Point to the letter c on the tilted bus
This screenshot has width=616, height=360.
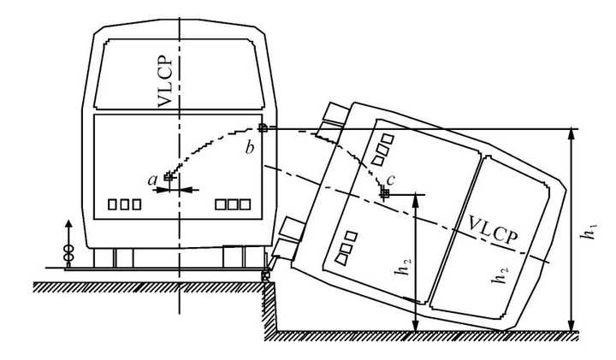tap(391, 179)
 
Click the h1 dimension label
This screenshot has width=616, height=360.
tap(586, 229)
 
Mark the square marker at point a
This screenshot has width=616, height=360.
tap(169, 179)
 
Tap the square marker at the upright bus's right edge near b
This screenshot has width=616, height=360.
tap(264, 128)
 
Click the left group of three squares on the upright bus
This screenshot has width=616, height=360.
tap(124, 204)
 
